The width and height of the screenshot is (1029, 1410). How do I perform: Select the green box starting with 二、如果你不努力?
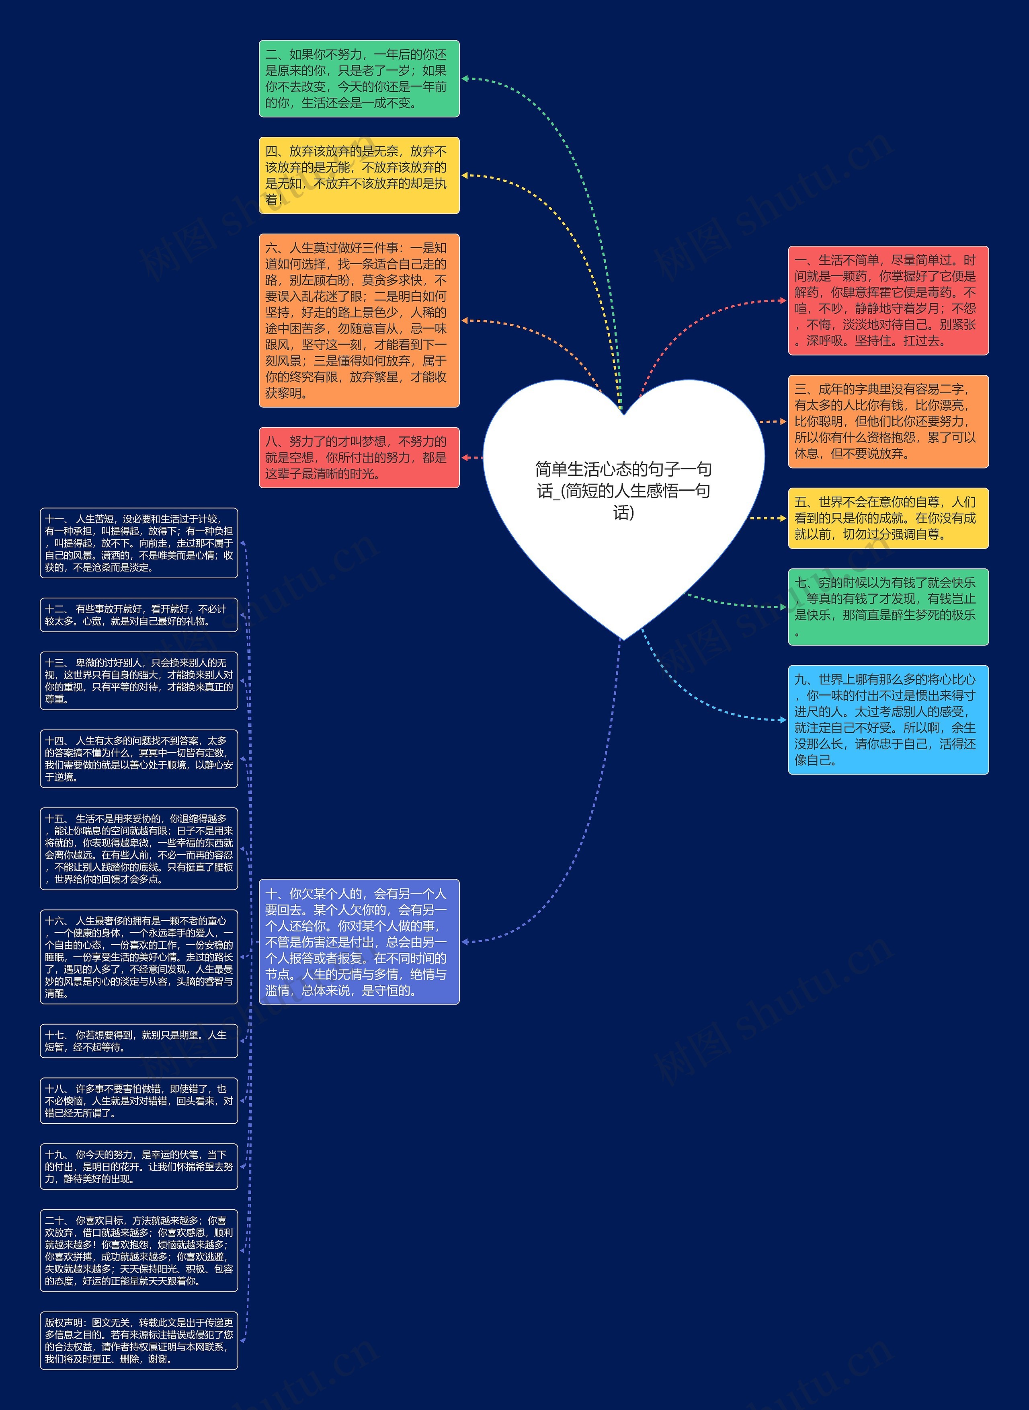click(x=359, y=78)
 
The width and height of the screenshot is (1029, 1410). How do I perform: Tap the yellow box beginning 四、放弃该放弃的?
click(x=359, y=175)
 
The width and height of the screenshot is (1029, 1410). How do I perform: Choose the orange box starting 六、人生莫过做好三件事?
click(x=359, y=320)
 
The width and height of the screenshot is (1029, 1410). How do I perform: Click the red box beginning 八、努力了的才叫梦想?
click(x=359, y=457)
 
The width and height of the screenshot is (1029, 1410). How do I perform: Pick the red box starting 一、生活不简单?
click(x=888, y=300)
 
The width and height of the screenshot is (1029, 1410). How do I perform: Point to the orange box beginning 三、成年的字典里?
click(x=888, y=421)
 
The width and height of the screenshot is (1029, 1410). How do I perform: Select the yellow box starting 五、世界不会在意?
click(x=888, y=518)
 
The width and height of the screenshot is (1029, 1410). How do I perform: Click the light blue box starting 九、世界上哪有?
click(x=888, y=719)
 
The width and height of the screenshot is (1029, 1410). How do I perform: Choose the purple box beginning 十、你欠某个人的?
click(x=359, y=941)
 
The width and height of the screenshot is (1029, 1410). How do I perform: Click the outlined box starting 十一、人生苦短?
click(x=139, y=543)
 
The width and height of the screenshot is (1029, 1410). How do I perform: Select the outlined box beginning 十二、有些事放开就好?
click(x=139, y=615)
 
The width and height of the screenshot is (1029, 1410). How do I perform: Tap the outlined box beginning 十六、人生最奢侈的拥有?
click(x=139, y=956)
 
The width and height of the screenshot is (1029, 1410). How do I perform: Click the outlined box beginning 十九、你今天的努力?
click(x=139, y=1166)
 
